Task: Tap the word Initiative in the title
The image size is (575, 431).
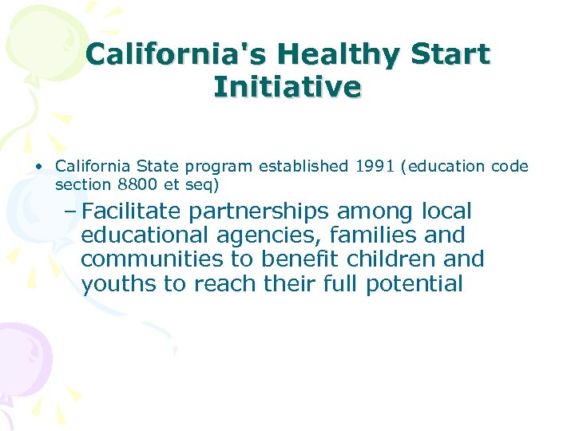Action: tap(287, 85)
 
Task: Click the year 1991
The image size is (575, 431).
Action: tap(376, 167)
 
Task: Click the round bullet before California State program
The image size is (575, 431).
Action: tap(38, 167)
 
